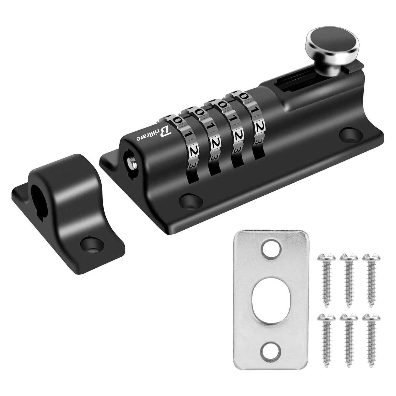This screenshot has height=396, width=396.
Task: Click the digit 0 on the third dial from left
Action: (223, 105)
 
